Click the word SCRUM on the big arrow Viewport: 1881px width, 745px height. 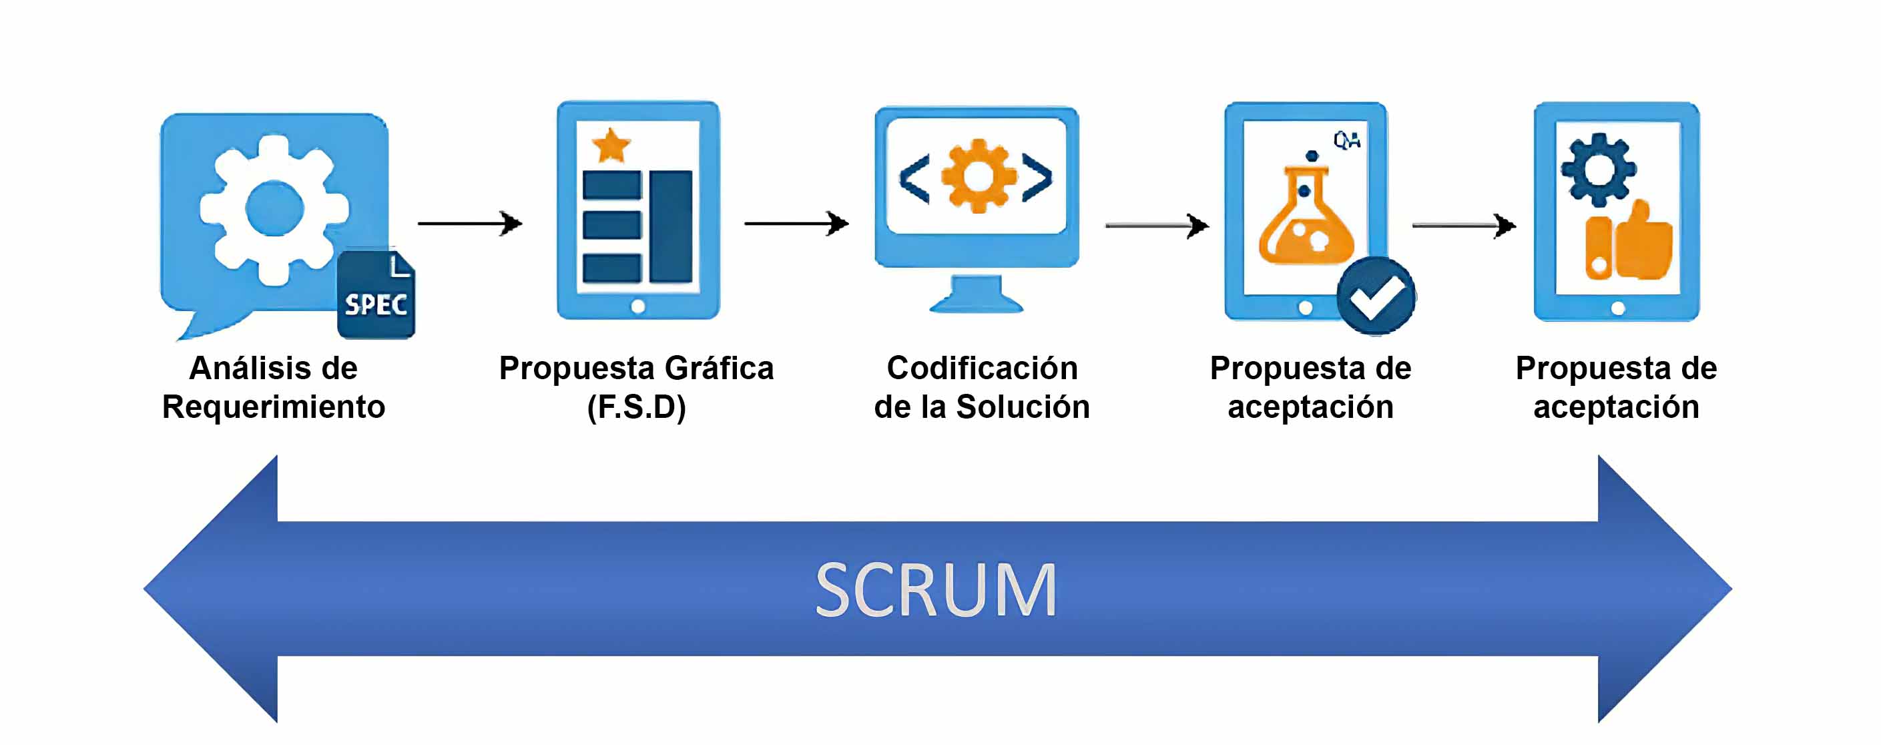pyautogui.click(x=935, y=589)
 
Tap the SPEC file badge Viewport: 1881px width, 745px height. pyautogui.click(x=376, y=295)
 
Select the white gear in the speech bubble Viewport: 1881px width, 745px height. pyautogui.click(x=274, y=210)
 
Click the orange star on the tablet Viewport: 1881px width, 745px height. pyautogui.click(x=611, y=146)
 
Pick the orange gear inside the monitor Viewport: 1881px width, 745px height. pyautogui.click(x=978, y=176)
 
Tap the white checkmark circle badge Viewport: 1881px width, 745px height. pyautogui.click(x=1376, y=296)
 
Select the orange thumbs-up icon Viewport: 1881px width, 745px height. pyautogui.click(x=1629, y=242)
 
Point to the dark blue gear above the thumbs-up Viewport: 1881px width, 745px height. pyautogui.click(x=1599, y=169)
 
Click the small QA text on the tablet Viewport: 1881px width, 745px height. pyautogui.click(x=1346, y=140)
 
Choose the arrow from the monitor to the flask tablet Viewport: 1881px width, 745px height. pyautogui.click(x=1157, y=226)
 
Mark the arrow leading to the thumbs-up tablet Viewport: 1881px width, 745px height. pyautogui.click(x=1464, y=226)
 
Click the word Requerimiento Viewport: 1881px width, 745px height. pyautogui.click(x=274, y=407)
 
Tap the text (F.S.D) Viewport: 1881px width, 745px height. pyautogui.click(x=637, y=407)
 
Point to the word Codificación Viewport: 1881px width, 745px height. pyautogui.click(x=982, y=368)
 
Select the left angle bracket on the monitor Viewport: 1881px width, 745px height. pyautogui.click(x=914, y=178)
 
